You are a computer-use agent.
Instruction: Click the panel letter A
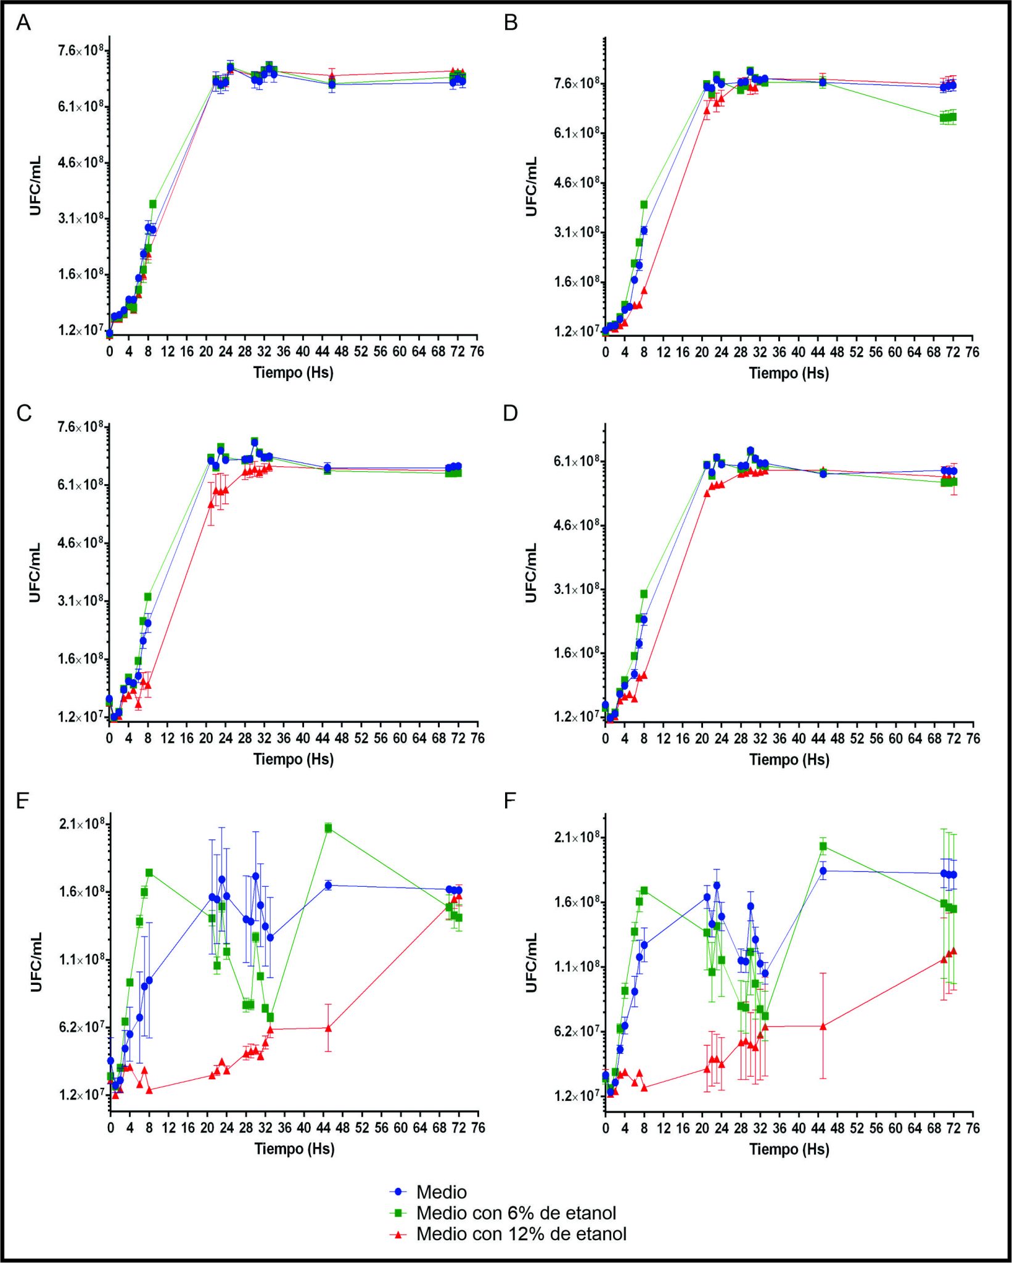click(23, 23)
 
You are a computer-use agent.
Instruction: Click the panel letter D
click(511, 413)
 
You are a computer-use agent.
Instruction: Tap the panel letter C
click(24, 413)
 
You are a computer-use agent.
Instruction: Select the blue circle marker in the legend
click(398, 1192)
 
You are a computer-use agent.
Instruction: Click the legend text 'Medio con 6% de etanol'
click(516, 1213)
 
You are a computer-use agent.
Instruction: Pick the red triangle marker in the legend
click(398, 1234)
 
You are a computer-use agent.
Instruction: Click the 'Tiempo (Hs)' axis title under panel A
click(294, 372)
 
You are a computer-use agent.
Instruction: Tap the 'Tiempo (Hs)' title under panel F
click(789, 1149)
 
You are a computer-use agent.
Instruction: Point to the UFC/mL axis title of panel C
click(35, 572)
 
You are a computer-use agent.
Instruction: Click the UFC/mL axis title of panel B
click(531, 186)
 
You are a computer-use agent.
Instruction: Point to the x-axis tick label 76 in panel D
click(973, 738)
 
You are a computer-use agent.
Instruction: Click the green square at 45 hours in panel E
click(328, 828)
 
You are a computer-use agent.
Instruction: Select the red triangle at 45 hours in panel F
click(823, 1026)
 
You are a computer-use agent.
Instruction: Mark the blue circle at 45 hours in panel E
click(328, 886)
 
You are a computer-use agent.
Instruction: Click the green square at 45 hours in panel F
click(823, 847)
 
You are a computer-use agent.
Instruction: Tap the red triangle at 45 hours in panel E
click(328, 1027)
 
